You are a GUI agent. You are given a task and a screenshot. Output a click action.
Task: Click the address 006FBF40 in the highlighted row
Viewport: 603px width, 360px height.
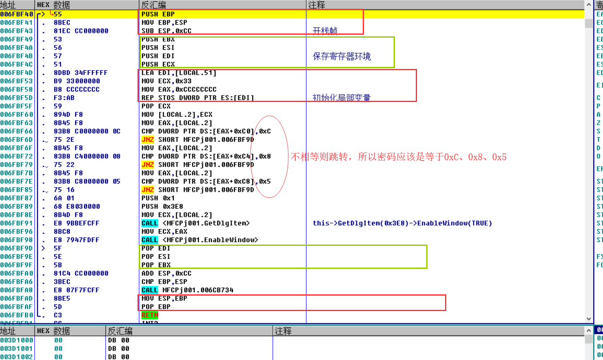[x=17, y=14]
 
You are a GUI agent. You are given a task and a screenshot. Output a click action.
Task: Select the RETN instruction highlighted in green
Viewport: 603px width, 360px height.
[x=150, y=315]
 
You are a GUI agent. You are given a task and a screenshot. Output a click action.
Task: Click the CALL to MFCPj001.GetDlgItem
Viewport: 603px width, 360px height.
[x=196, y=223]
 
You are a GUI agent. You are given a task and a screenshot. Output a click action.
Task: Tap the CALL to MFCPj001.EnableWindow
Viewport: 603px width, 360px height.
[x=200, y=240]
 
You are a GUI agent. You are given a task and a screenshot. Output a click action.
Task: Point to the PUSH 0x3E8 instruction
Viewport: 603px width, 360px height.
[x=162, y=207]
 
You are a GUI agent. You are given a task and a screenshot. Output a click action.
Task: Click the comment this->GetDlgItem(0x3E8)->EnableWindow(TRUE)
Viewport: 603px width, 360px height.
[x=402, y=223]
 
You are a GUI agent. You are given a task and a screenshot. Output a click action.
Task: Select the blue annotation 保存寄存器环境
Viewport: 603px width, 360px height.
[x=342, y=56]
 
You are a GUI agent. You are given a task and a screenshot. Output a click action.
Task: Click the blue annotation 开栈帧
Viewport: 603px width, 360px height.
[x=325, y=31]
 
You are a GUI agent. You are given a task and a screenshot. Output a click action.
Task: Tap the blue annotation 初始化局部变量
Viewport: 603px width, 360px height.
[x=342, y=98]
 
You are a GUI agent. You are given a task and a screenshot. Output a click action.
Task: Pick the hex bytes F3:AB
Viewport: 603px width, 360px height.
[x=64, y=98]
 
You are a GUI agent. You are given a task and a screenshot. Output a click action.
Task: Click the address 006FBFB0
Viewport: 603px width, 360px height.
[x=17, y=315]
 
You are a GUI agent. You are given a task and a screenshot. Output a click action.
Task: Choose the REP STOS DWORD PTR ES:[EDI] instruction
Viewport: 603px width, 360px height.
[x=198, y=98]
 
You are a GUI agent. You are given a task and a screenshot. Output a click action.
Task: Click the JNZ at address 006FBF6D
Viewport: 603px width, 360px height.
[x=148, y=140]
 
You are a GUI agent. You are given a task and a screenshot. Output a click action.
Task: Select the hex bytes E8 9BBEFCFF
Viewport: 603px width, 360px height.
[x=76, y=223]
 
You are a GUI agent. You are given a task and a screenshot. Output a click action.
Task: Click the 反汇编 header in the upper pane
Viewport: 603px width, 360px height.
[x=153, y=5]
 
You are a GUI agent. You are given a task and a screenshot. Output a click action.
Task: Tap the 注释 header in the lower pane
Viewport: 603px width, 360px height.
[x=283, y=331]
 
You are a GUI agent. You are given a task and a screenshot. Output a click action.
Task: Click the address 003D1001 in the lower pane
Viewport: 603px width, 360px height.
[x=17, y=349]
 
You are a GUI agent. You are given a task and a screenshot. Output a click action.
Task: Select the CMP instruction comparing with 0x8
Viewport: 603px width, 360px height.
[x=206, y=156]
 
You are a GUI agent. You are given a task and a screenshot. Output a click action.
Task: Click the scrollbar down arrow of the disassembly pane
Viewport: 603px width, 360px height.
[x=589, y=319]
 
